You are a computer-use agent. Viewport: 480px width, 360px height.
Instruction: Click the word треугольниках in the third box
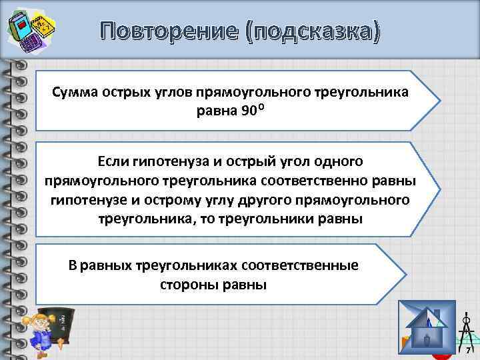click(x=178, y=265)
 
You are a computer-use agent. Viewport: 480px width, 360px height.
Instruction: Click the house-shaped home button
click(x=426, y=329)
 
